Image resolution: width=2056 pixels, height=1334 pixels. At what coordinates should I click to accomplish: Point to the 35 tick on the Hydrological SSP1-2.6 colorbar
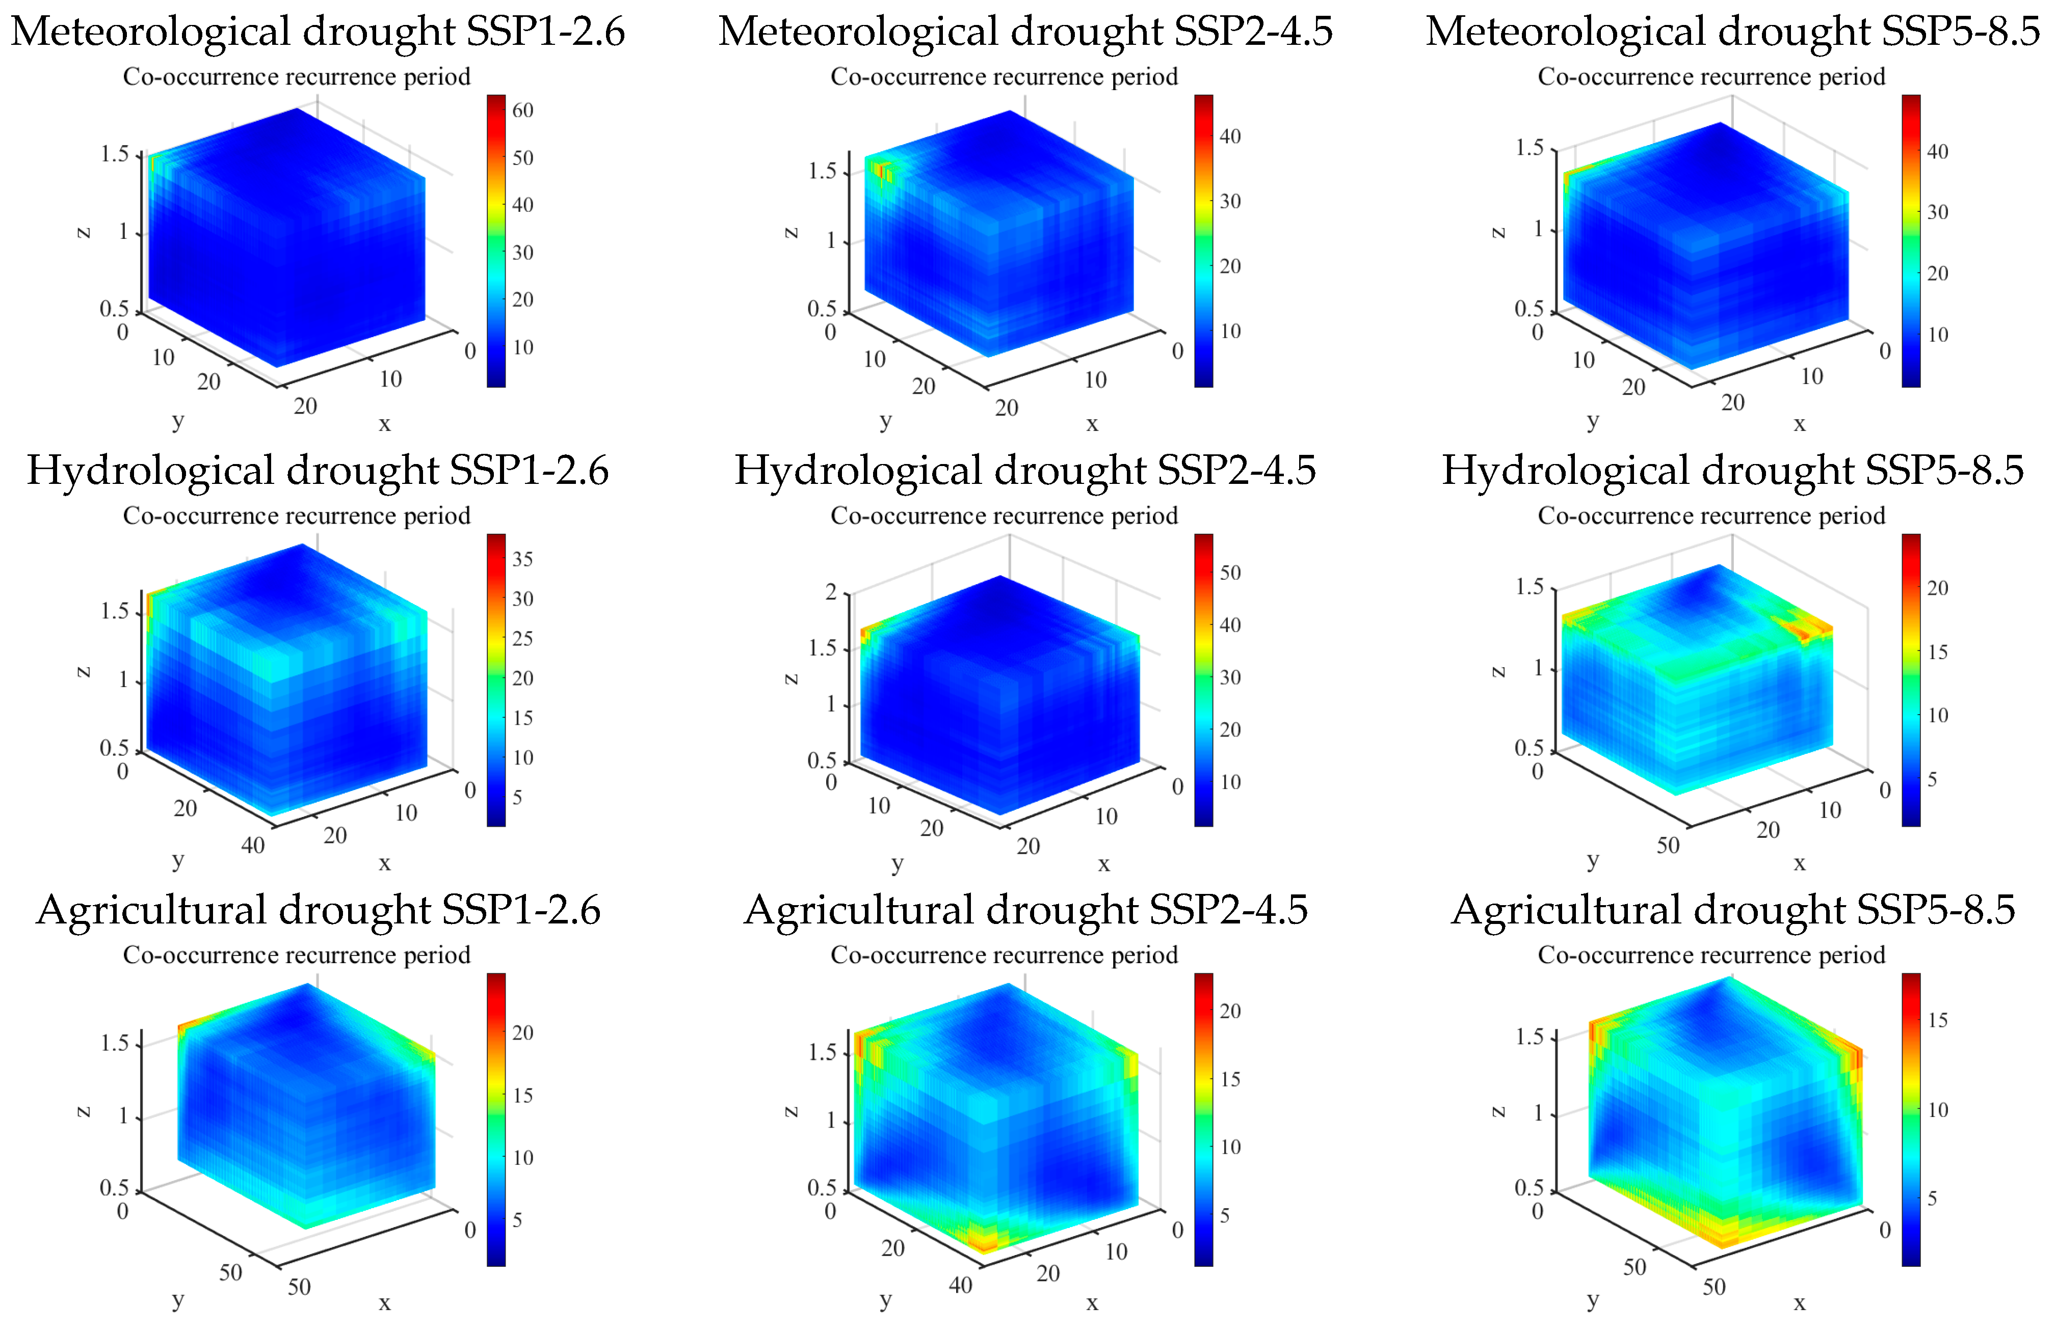pyautogui.click(x=522, y=559)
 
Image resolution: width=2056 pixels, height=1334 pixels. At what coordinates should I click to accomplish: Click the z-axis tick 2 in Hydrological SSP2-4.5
pyautogui.click(x=831, y=592)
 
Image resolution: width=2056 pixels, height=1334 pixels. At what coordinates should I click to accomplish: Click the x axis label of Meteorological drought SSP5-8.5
pyautogui.click(x=1800, y=424)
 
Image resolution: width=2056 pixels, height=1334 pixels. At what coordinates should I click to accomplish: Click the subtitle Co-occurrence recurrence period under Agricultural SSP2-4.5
pyautogui.click(x=1004, y=955)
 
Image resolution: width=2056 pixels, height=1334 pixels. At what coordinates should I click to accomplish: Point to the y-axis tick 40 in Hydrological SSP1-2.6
pyautogui.click(x=252, y=846)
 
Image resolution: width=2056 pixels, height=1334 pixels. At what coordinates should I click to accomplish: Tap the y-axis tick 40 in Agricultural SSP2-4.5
pyautogui.click(x=961, y=1285)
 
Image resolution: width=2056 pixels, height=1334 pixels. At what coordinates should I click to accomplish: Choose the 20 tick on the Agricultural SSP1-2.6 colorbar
pyautogui.click(x=522, y=1032)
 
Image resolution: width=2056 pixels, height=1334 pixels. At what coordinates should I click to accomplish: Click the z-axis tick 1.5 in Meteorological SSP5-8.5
pyautogui.click(x=1529, y=148)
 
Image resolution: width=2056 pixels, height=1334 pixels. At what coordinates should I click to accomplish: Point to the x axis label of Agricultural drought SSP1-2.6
pyautogui.click(x=384, y=1303)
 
